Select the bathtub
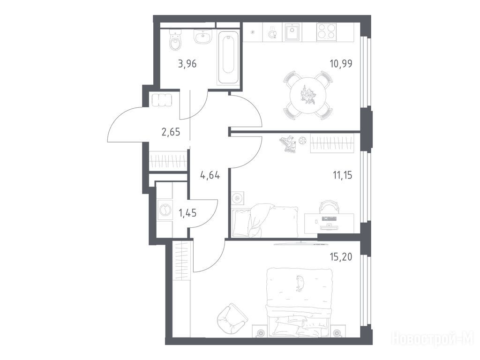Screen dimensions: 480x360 click(228, 57)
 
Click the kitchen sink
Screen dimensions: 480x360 click(293, 32)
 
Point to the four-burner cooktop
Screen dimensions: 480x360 click(326, 31)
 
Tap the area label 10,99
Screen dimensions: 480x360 click(341, 64)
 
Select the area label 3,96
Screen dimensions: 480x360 click(187, 64)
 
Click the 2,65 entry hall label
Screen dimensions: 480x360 click(171, 132)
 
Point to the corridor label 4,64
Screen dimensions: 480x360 click(210, 175)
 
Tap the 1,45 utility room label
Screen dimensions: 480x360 click(187, 212)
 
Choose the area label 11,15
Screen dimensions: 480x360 click(343, 175)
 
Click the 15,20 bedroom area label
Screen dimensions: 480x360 click(341, 257)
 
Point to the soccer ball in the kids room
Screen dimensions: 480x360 click(302, 141)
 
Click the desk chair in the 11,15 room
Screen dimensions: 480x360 click(329, 207)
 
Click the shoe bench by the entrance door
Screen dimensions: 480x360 click(162, 100)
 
